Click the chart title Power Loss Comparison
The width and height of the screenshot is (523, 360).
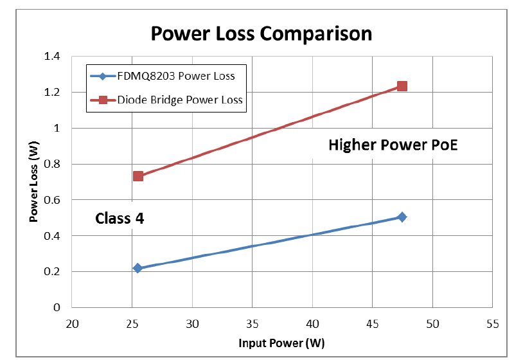tap(261, 33)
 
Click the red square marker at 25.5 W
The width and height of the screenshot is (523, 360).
tap(137, 176)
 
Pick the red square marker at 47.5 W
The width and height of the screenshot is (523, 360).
tap(402, 86)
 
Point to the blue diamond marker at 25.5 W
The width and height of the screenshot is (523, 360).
tap(137, 268)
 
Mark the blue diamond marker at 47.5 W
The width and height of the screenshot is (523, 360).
tap(402, 217)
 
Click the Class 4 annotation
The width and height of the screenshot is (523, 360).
tap(120, 218)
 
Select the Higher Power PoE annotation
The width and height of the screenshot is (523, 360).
tap(393, 145)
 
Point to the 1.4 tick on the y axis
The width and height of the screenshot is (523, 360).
tap(51, 57)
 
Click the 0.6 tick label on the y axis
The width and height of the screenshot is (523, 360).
tap(51, 200)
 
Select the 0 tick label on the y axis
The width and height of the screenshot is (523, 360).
tap(56, 308)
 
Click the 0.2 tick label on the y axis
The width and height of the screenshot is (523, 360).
tap(51, 272)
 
